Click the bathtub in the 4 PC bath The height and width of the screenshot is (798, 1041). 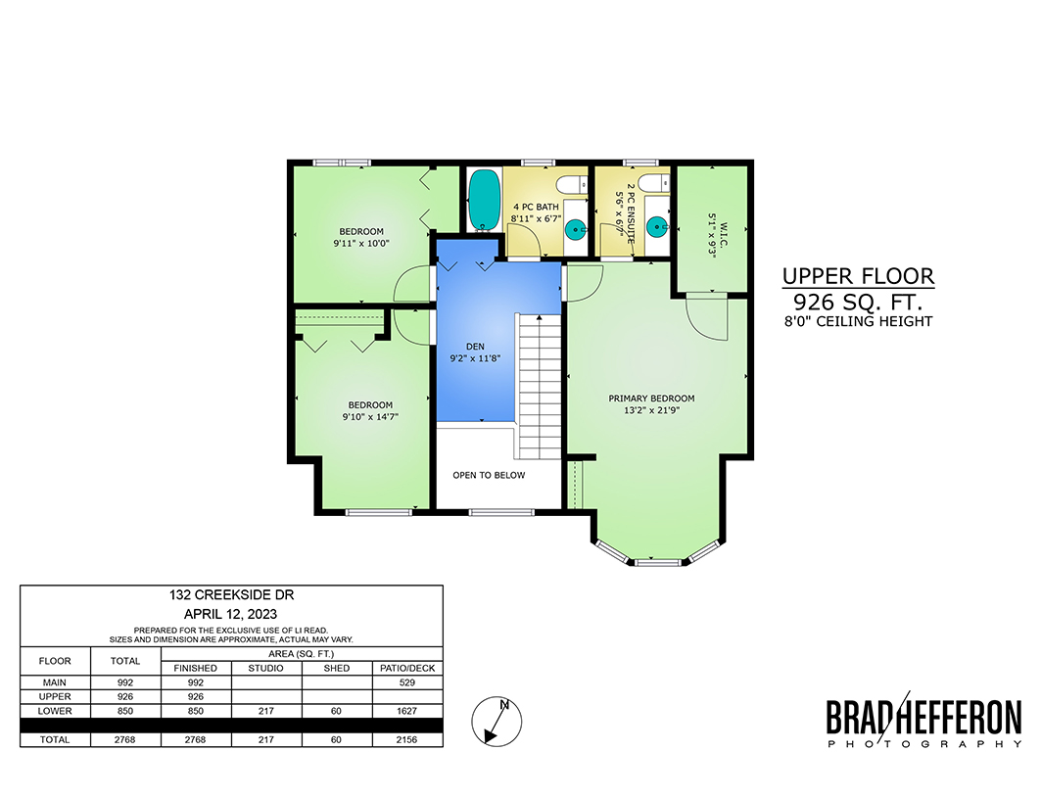pos(484,200)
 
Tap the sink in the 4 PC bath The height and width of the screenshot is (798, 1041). pos(575,230)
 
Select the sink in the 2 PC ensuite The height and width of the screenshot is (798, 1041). pos(657,226)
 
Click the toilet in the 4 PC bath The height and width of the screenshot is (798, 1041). pos(572,183)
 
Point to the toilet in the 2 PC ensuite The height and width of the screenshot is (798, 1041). pos(654,183)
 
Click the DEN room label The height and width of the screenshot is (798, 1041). pos(475,347)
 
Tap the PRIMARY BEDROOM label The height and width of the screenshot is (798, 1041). pos(651,399)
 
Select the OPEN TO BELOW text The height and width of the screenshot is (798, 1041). pos(489,475)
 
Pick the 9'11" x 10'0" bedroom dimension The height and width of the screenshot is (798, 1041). pos(361,244)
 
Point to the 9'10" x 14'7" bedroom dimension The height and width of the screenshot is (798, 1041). pos(370,417)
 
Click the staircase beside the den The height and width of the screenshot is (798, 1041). pos(539,387)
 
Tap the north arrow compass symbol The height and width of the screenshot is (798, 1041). pos(497,722)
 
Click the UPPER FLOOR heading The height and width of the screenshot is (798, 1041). pos(859,275)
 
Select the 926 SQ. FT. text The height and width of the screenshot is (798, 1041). pos(859,303)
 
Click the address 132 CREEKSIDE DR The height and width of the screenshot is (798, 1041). pos(232,595)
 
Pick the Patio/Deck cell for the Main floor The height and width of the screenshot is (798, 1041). pos(407,682)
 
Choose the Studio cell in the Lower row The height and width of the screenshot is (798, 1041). pos(266,711)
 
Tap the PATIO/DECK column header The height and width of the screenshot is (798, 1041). pos(407,669)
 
